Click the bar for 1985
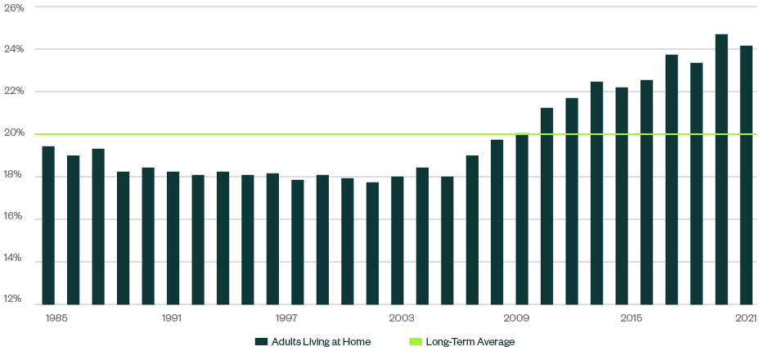pyautogui.click(x=48, y=225)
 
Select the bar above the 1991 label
pyautogui.click(x=173, y=237)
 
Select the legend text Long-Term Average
pyautogui.click(x=470, y=341)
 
